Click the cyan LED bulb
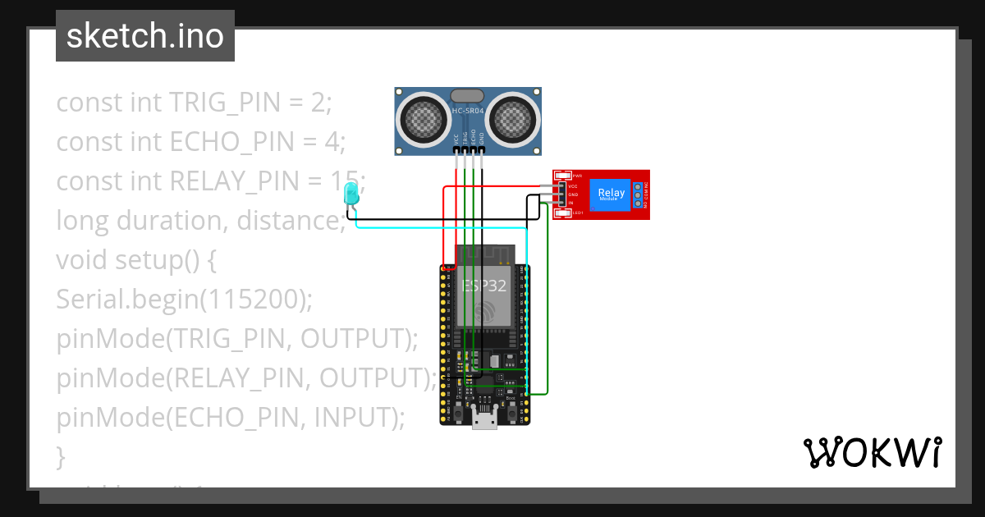coord(351,194)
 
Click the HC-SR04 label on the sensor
coord(468,110)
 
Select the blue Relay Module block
coord(612,194)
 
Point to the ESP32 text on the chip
coord(484,286)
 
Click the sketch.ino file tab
coord(145,36)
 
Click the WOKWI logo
coord(872,452)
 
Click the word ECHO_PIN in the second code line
coord(231,142)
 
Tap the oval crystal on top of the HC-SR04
coord(468,95)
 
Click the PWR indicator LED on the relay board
coord(562,176)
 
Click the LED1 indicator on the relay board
coord(562,213)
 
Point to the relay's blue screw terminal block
coord(638,194)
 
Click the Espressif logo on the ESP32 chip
coord(484,313)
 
